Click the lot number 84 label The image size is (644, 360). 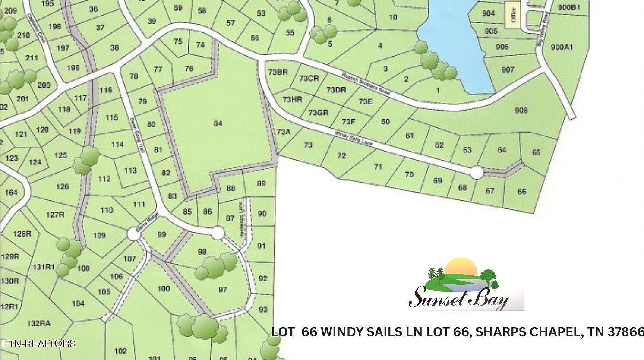(218, 124)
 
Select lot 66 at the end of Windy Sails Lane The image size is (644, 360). (522, 191)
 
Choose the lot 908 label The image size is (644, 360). (521, 111)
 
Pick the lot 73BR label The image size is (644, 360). (278, 72)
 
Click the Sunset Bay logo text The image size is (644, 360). (458, 298)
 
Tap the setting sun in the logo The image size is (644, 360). (461, 266)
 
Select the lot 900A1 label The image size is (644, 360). (562, 47)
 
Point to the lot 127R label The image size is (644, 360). (55, 215)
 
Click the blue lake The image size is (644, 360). (455, 43)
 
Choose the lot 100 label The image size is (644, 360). (163, 288)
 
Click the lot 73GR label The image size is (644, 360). (319, 113)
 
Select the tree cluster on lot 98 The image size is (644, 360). (215, 267)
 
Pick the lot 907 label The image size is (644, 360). (508, 69)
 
